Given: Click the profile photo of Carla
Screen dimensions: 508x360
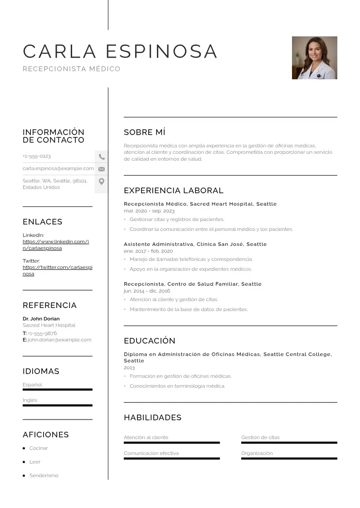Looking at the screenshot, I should (x=314, y=58).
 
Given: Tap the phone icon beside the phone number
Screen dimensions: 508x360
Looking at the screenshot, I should (x=102, y=157).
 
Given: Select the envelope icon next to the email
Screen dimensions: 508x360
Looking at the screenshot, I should (x=102, y=169).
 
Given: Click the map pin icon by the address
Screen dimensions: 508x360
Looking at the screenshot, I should (x=102, y=181).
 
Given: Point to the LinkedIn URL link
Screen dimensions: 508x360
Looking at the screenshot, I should (x=56, y=245).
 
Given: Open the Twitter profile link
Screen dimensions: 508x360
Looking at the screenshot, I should (x=57, y=270).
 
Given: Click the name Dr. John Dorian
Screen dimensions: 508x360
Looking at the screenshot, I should (x=41, y=318).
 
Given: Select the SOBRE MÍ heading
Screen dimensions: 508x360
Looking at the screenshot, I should (x=145, y=132).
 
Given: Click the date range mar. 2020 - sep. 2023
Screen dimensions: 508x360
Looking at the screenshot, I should (x=149, y=211).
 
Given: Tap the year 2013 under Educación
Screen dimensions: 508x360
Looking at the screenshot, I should (x=129, y=368).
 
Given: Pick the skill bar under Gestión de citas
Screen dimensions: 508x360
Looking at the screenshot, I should (x=289, y=442).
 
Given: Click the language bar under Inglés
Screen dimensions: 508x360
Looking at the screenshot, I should (x=57, y=405).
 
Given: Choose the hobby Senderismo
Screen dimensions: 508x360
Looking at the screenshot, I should (x=44, y=475).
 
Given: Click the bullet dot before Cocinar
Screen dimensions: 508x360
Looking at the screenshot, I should (x=24, y=448).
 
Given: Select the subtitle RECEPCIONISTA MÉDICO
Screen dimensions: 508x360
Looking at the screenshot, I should (x=72, y=69).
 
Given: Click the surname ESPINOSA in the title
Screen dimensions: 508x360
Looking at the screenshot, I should (x=161, y=51).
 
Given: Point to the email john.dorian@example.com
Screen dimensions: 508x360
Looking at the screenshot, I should (x=59, y=340).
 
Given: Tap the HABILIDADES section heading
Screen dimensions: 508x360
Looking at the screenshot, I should (x=152, y=417).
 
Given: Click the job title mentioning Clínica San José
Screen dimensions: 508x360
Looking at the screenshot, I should (x=195, y=244).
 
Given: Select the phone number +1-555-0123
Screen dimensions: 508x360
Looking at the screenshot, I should (x=37, y=156).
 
